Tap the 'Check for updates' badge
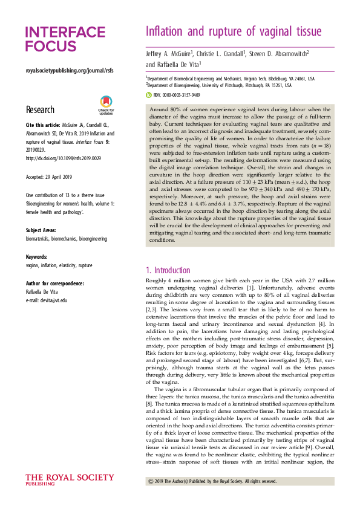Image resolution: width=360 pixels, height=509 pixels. pyautogui.click(x=106, y=106)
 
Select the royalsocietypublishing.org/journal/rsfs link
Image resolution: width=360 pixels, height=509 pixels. pyautogui.click(x=70, y=71)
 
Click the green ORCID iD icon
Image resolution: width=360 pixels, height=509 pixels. pyautogui.click(x=149, y=95)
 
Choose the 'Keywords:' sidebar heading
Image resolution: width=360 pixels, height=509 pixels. pyautogui.click(x=40, y=257)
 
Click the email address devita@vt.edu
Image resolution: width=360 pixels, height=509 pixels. pyautogui.click(x=47, y=300)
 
